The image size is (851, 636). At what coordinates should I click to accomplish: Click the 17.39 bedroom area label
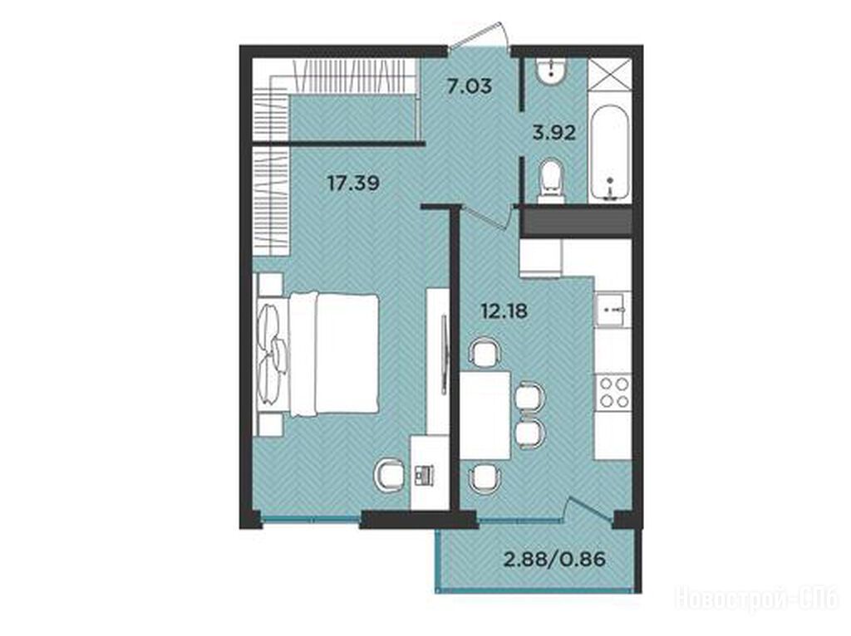(x=353, y=183)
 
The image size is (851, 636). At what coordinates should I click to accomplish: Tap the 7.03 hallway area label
(x=470, y=86)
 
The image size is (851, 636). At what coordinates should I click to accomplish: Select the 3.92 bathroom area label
(x=554, y=132)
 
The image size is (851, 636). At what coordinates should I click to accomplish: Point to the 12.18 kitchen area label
(x=504, y=311)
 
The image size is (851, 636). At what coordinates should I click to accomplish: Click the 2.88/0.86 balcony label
(x=554, y=559)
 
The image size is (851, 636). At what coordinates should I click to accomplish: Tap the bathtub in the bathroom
(x=610, y=154)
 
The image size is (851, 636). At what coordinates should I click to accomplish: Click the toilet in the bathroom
(x=552, y=182)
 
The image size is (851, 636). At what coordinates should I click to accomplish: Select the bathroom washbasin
(x=552, y=70)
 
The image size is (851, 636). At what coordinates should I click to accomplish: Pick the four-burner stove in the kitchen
(x=614, y=393)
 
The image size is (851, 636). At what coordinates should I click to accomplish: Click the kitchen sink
(x=613, y=310)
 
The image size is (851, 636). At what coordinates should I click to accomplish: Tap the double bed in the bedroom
(x=317, y=355)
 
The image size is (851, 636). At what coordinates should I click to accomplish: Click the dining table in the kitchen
(x=485, y=415)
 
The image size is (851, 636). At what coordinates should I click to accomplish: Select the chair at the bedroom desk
(x=390, y=476)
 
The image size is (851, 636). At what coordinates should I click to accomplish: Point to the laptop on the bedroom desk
(x=425, y=475)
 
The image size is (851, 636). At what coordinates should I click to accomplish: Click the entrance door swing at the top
(x=481, y=35)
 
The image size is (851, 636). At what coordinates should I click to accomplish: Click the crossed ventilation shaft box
(x=610, y=75)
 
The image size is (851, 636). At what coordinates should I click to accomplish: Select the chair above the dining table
(x=485, y=353)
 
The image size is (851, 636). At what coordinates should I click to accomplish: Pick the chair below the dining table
(x=485, y=477)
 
